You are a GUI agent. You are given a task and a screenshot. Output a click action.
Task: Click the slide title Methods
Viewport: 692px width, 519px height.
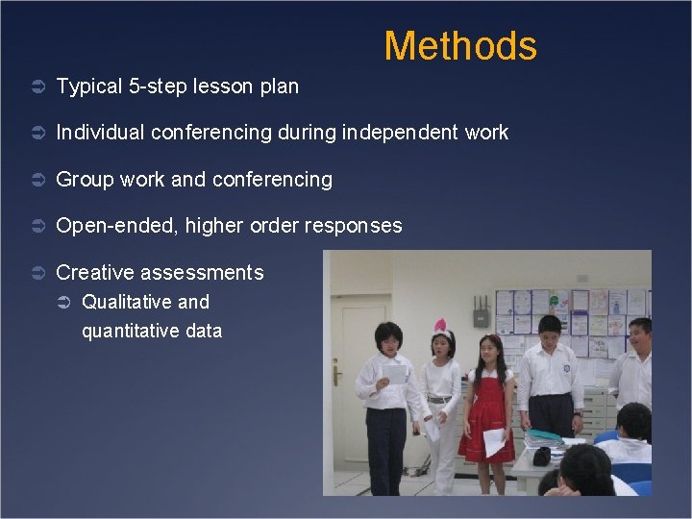(x=460, y=45)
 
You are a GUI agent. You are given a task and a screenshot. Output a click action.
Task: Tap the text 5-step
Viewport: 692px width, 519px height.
(x=160, y=86)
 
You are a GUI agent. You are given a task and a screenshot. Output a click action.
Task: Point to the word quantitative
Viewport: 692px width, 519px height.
(x=128, y=331)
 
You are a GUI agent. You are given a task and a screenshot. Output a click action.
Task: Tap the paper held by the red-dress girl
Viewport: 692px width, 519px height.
(x=493, y=442)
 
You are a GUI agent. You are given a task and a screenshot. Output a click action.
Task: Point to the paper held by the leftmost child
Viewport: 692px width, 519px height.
(x=395, y=374)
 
